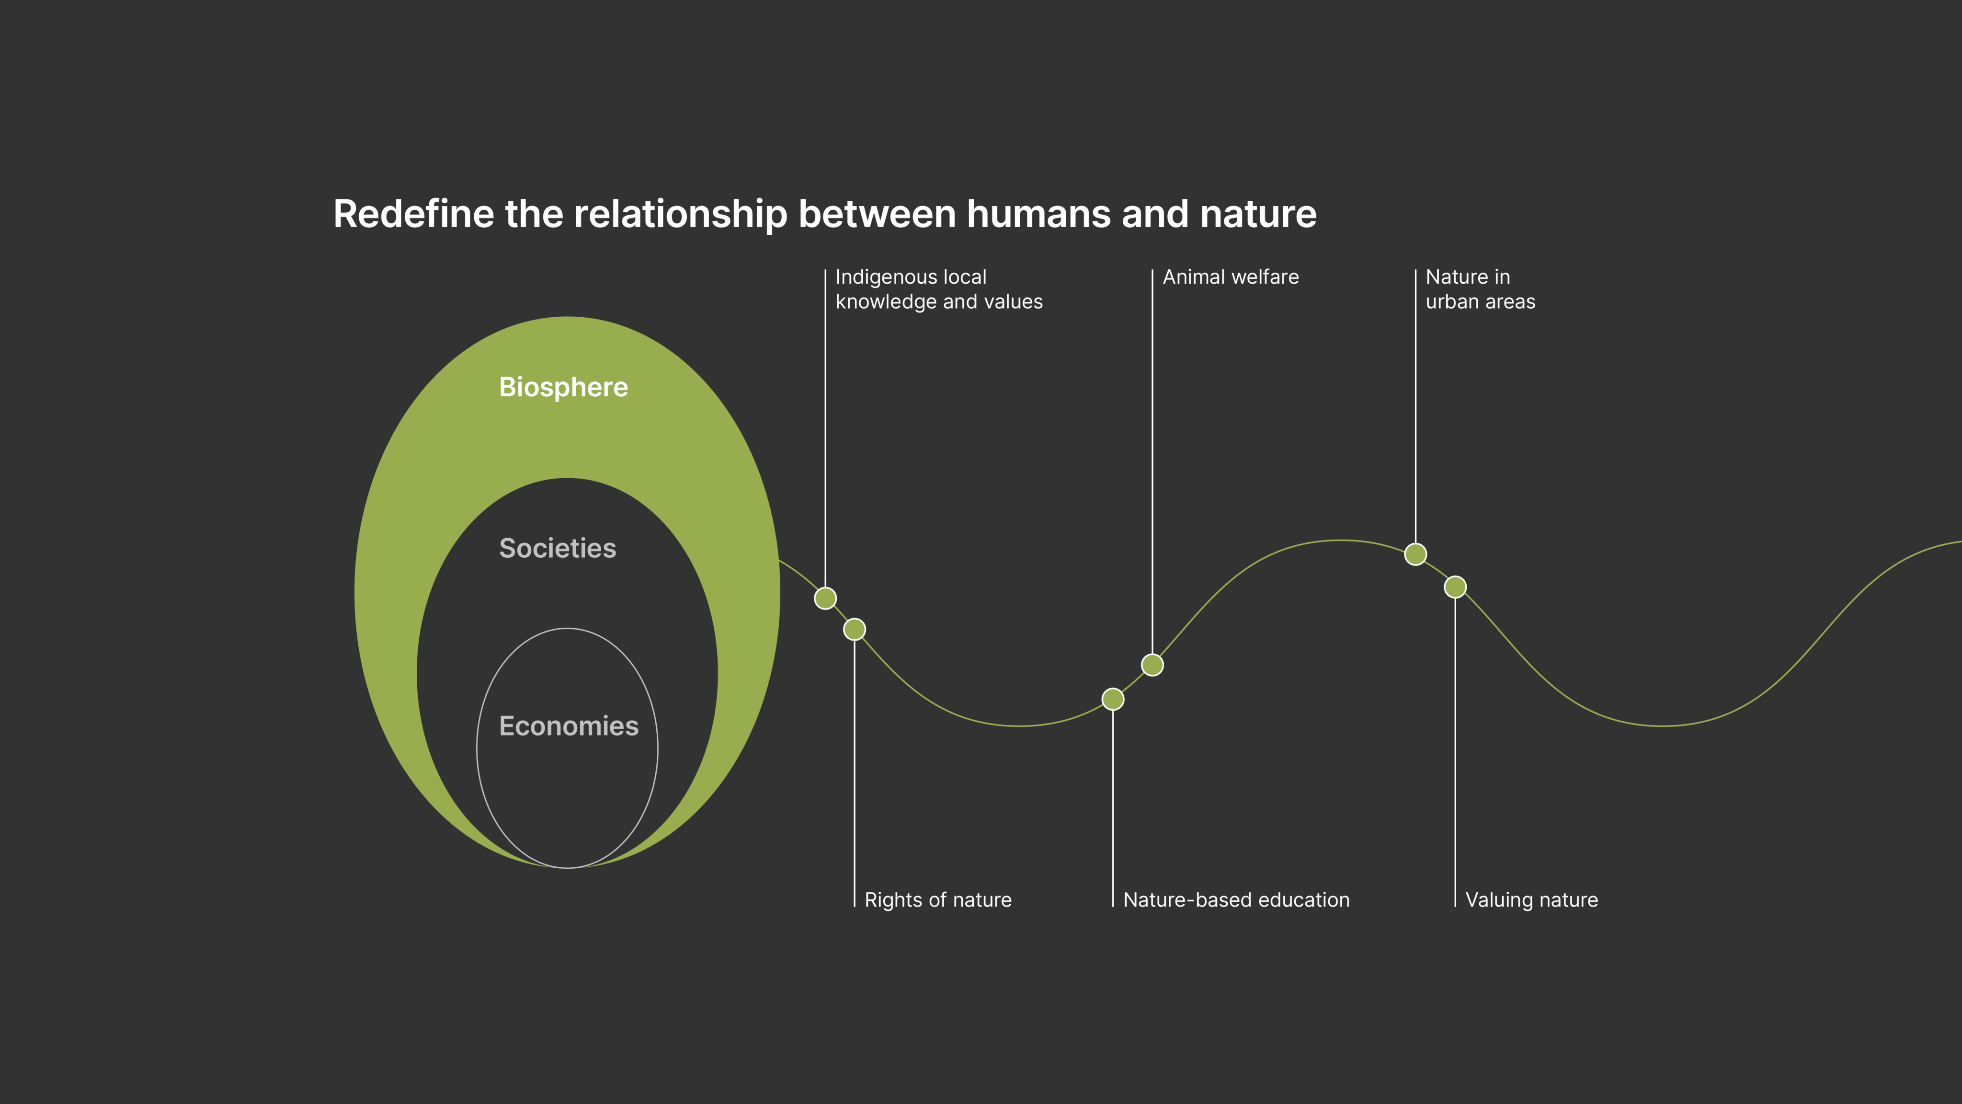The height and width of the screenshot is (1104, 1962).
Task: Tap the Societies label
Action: coord(558,548)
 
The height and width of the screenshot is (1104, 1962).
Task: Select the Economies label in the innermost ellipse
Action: coord(568,726)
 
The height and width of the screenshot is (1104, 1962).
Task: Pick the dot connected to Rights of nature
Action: coord(855,629)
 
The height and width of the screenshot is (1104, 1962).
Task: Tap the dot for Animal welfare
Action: coord(1152,665)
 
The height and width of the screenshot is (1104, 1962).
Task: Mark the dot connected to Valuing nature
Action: coord(1455,586)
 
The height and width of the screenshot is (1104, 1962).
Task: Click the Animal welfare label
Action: coord(1230,277)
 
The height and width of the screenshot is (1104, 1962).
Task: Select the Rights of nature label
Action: coord(937,900)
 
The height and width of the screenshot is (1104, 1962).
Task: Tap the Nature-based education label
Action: coord(1235,900)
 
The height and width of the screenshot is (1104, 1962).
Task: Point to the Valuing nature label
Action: coord(1531,900)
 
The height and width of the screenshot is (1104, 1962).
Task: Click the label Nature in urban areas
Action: coord(1480,289)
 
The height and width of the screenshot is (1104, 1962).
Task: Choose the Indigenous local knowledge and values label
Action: coord(938,289)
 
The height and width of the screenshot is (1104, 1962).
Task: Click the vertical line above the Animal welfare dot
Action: coord(1152,457)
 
